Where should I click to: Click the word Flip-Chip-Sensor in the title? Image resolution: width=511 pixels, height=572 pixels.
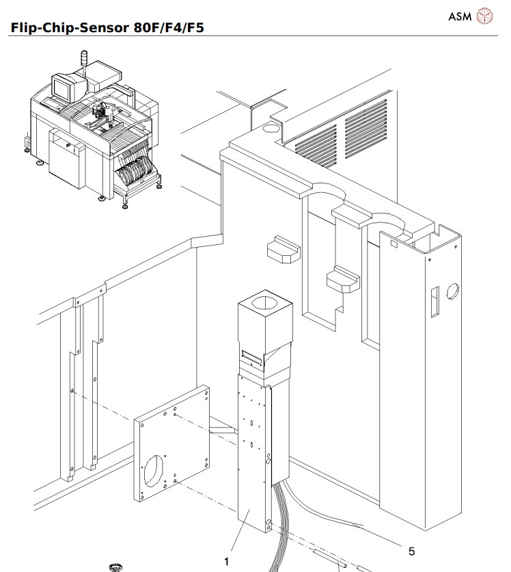tap(61, 27)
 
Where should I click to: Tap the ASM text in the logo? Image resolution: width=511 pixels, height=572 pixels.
tap(459, 16)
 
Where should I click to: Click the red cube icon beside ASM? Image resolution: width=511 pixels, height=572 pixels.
tap(484, 16)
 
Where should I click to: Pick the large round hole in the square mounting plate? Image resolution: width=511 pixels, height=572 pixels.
tap(155, 473)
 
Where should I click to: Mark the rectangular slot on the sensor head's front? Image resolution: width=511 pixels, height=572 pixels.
tap(251, 356)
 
